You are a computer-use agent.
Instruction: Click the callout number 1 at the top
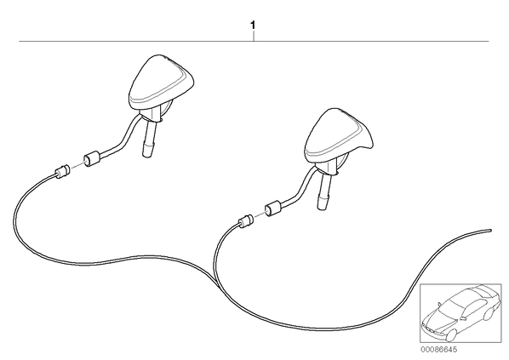[253, 25]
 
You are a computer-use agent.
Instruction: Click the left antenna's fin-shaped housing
[160, 82]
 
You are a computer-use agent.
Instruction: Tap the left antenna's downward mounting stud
[150, 139]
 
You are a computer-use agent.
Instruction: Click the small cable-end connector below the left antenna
[62, 171]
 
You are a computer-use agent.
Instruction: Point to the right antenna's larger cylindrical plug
[274, 209]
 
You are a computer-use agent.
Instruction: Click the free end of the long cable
[490, 231]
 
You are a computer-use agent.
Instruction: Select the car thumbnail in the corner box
[460, 313]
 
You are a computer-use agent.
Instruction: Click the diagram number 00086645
[438, 350]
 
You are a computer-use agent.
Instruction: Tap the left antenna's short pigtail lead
[121, 136]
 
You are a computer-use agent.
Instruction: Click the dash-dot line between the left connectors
[77, 165]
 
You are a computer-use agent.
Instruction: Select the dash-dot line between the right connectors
[259, 214]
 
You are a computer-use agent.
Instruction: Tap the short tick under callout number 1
[254, 37]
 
